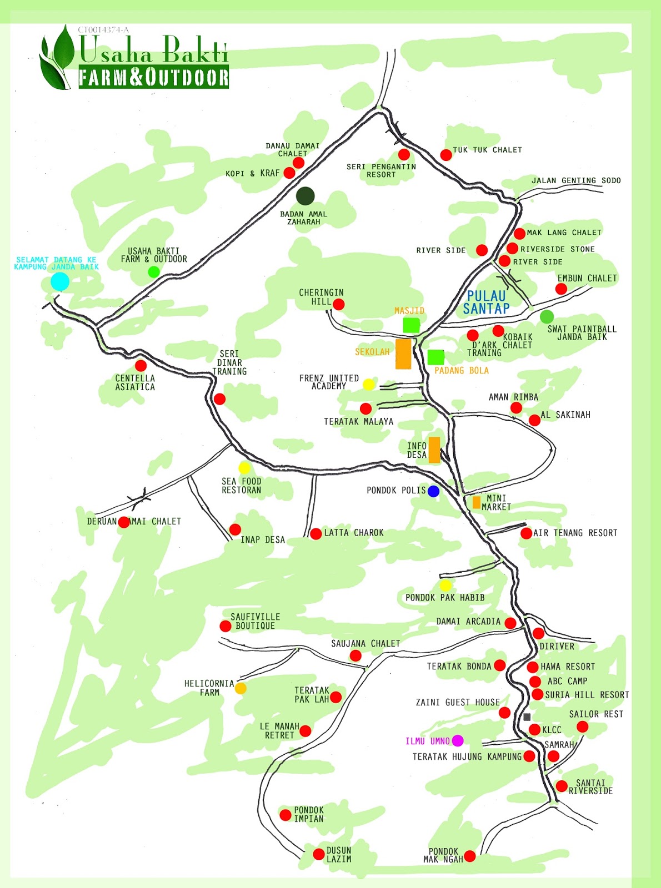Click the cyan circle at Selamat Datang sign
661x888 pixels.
pos(60,281)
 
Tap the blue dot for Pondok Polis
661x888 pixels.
pos(433,491)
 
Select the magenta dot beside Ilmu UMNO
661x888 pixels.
pos(458,740)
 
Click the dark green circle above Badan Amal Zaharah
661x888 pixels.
pos(305,196)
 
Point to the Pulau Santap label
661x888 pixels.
pos(486,302)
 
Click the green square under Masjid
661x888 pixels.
pos(411,325)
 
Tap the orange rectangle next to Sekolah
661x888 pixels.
pos(403,354)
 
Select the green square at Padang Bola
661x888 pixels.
pos(435,357)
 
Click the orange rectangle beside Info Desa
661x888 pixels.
pos(434,450)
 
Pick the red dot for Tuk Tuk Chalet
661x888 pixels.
pos(446,155)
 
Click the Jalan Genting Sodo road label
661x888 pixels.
pos(576,180)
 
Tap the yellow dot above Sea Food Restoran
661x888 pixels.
pos(244,467)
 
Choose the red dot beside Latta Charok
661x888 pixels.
pos(316,534)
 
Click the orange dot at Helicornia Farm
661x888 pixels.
pos(241,688)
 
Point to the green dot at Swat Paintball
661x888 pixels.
pos(547,317)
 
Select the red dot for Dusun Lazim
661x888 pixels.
pos(319,854)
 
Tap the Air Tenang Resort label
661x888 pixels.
pos(575,533)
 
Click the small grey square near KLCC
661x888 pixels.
pos(527,717)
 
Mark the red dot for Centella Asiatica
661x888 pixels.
pos(141,366)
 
